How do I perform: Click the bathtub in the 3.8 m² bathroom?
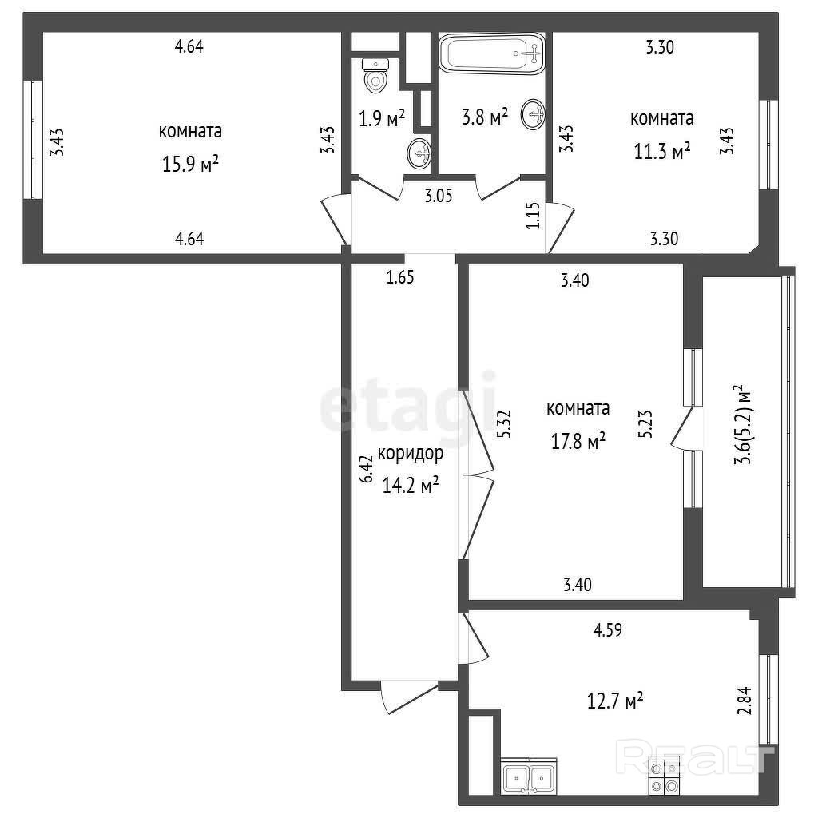[x=491, y=54]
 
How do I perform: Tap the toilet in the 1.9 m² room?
[x=375, y=76]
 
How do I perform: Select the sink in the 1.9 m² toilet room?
[x=419, y=153]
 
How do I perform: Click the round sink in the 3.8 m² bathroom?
[x=533, y=114]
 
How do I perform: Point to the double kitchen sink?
[x=529, y=775]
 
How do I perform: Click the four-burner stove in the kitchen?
[x=664, y=775]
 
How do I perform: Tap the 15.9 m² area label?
[x=190, y=165]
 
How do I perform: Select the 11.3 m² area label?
[x=662, y=151]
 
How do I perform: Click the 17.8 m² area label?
[x=578, y=441]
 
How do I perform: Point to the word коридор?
[x=410, y=454]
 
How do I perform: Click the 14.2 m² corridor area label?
[x=410, y=485]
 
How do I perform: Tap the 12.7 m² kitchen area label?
[x=615, y=700]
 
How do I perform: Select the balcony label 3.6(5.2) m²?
[x=743, y=425]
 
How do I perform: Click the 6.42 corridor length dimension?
[x=367, y=468]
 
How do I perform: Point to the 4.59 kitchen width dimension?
[x=608, y=630]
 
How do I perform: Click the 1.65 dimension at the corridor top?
[x=400, y=277]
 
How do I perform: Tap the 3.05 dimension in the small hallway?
[x=439, y=197]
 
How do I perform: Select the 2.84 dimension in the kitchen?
[x=746, y=700]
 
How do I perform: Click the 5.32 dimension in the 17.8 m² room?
[x=505, y=425]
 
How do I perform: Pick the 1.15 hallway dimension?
[x=533, y=216]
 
